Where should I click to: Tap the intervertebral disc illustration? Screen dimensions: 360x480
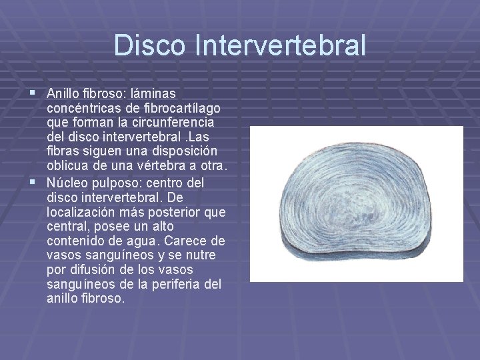[356, 203]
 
